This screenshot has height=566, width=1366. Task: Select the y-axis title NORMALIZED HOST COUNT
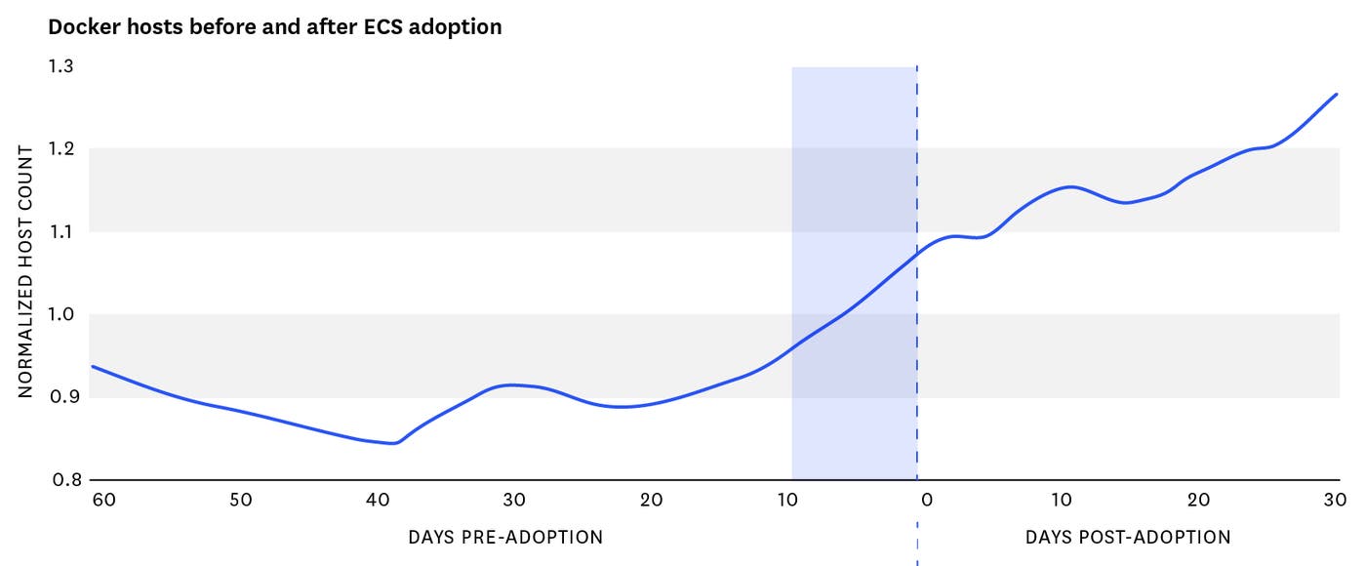26,271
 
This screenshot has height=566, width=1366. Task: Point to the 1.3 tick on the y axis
60,66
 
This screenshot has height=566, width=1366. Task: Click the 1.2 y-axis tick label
60,149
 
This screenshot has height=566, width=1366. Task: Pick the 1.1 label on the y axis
60,232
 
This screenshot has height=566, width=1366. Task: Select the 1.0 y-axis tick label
60,314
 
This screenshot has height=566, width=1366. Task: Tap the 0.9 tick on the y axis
60,397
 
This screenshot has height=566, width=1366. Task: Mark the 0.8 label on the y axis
60,480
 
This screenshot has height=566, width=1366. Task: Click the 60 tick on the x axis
103,500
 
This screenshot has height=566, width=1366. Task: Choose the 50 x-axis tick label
241,500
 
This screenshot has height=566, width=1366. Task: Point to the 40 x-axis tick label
378,500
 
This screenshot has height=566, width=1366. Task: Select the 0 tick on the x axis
927,500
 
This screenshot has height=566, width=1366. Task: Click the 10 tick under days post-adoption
1062,500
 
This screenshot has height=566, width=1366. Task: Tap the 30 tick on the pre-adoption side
514,500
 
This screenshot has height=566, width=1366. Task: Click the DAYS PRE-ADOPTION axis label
505,537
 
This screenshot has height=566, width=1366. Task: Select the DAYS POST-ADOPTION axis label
1128,537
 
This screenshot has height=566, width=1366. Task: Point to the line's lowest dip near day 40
393,443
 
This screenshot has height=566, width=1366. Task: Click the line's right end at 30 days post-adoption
1336,95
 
